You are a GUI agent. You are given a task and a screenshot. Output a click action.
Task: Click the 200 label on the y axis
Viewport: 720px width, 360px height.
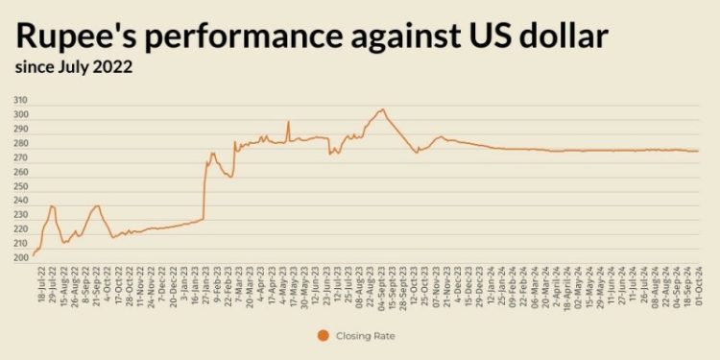[20, 257]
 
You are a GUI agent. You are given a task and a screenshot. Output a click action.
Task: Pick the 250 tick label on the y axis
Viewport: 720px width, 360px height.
[20, 180]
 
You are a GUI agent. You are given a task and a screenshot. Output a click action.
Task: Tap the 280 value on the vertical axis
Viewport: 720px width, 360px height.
[20, 132]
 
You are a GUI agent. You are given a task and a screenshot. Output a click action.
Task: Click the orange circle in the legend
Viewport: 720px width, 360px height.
[323, 335]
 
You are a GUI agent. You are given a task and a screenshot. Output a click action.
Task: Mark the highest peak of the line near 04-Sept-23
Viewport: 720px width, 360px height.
[381, 109]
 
